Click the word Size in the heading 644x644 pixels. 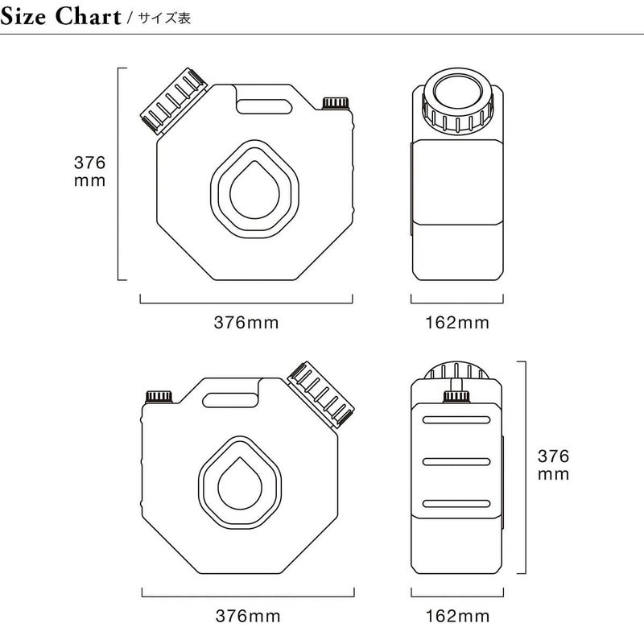pos(23,17)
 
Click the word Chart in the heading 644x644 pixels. pos(88,17)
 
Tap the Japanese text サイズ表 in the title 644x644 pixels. pos(164,19)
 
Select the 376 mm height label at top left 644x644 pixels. pos(89,171)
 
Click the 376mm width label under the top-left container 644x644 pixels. pos(246,323)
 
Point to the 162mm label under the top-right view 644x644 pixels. pos(457,323)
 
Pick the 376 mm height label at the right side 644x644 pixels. pos(553,465)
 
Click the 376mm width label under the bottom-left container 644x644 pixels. pos(248,616)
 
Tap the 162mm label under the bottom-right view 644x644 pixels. pos(457,616)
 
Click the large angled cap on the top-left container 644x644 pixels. pos(173,101)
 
